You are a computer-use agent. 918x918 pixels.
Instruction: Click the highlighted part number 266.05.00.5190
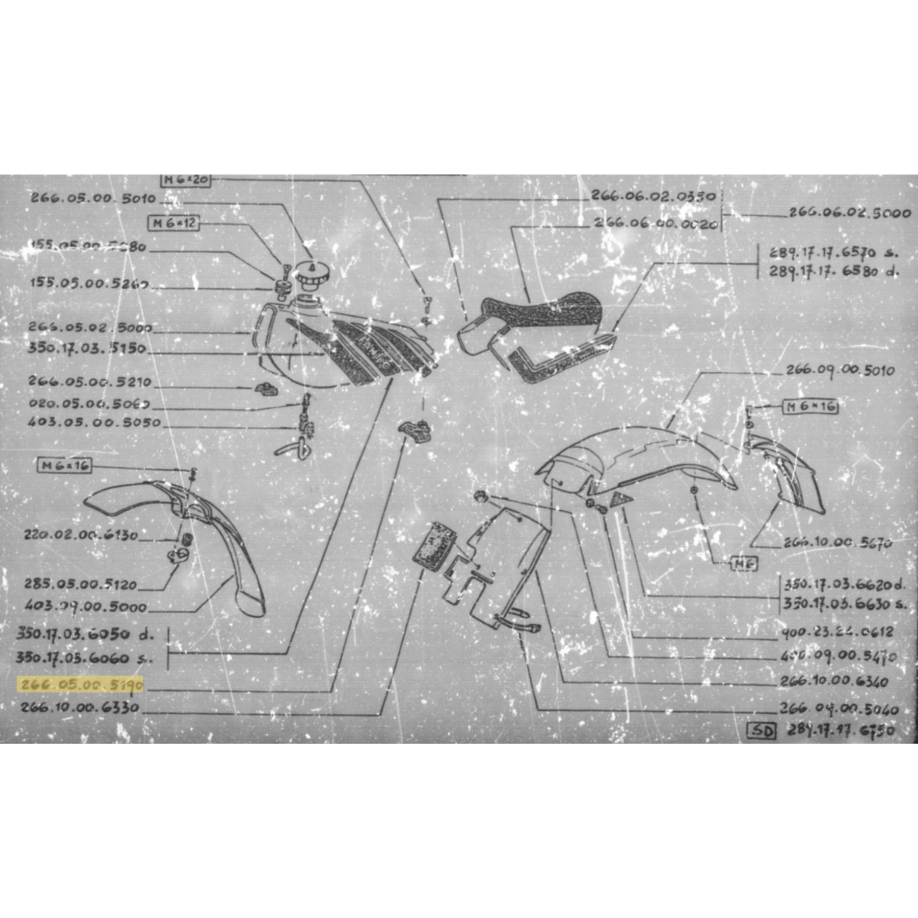pos(82,684)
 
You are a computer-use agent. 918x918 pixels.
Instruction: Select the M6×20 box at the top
pos(184,179)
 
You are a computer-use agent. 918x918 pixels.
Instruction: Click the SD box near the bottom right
pos(762,730)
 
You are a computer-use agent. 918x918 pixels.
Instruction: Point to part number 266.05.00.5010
pos(93,198)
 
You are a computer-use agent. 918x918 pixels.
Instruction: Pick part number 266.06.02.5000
pos(849,212)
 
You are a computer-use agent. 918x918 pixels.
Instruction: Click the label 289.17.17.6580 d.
pos(832,271)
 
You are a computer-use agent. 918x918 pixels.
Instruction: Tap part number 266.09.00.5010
pos(839,371)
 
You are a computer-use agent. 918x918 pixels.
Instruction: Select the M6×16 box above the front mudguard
pos(65,465)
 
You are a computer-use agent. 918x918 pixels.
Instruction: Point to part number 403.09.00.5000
pos(86,607)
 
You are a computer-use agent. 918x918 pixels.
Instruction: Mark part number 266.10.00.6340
pos(833,682)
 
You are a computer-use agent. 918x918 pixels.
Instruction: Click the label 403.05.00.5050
pos(93,422)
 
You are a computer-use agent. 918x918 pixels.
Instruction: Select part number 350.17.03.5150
pos(86,348)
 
